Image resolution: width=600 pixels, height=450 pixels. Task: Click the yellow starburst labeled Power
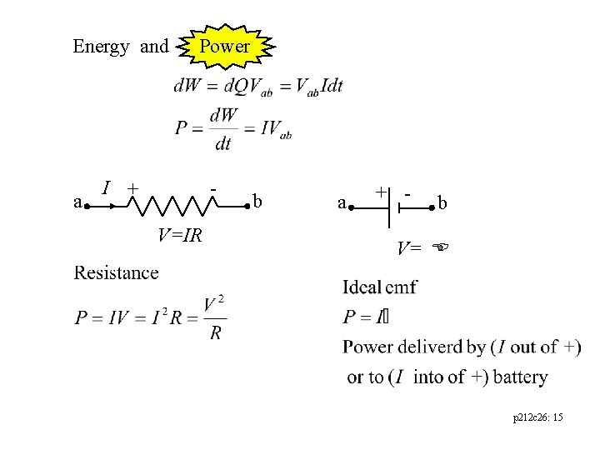[224, 47]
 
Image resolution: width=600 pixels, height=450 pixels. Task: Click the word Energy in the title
[101, 47]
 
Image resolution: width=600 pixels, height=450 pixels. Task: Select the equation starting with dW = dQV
[258, 86]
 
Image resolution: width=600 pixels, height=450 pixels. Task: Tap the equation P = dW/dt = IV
[232, 129]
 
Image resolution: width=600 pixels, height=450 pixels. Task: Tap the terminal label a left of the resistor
[77, 202]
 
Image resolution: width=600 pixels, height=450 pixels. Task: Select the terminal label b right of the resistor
[259, 202]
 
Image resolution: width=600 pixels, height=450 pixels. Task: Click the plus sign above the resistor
[132, 188]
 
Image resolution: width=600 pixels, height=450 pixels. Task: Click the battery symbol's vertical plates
[394, 205]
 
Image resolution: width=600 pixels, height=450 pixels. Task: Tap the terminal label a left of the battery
[342, 202]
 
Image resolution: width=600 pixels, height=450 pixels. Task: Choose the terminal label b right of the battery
[442, 202]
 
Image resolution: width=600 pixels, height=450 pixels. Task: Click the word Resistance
[116, 272]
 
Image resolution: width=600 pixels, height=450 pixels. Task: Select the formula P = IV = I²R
[151, 317]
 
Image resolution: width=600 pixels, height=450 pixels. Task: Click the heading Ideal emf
[380, 287]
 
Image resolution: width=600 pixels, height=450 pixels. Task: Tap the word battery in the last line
[520, 377]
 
